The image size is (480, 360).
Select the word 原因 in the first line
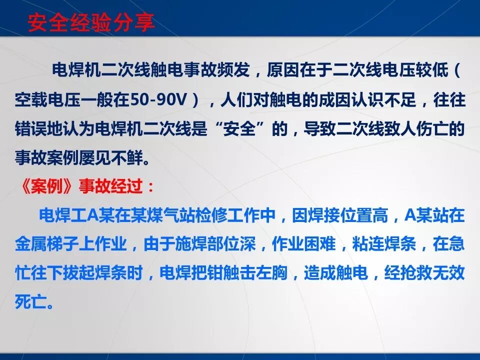(282, 71)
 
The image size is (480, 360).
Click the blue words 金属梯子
(49, 245)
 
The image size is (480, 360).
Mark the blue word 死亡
(32, 302)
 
